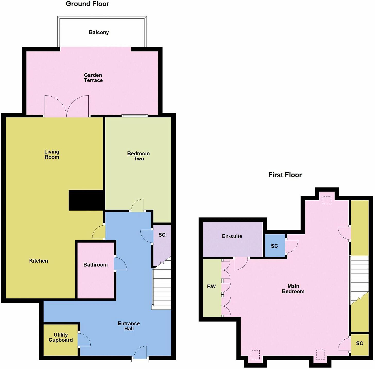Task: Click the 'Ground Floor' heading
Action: pyautogui.click(x=87, y=4)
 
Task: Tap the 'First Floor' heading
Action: pyautogui.click(x=285, y=175)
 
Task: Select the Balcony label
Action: pyautogui.click(x=99, y=32)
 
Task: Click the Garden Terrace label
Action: pyautogui.click(x=93, y=78)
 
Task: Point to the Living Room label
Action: pyautogui.click(x=52, y=154)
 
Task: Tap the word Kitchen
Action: pyautogui.click(x=39, y=261)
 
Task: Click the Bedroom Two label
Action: pyautogui.click(x=138, y=156)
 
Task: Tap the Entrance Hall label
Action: pyautogui.click(x=129, y=326)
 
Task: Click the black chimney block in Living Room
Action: pyautogui.click(x=86, y=200)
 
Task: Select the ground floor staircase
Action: pyautogui.click(x=162, y=288)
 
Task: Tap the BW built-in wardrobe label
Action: pyautogui.click(x=211, y=287)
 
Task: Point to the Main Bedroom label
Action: pyautogui.click(x=293, y=289)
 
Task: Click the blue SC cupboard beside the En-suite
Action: pyautogui.click(x=275, y=246)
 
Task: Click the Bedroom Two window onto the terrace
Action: pyautogui.click(x=135, y=116)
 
